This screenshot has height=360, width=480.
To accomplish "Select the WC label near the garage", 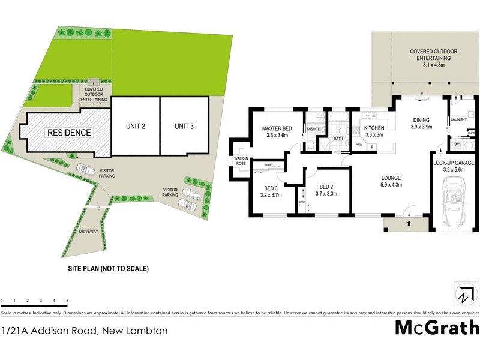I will pos(457,145).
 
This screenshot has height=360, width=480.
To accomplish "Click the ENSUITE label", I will pos(313,128).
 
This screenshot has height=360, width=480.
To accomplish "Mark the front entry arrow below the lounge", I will pos(409,223).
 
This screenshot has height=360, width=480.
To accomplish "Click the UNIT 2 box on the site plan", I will pos(136,126).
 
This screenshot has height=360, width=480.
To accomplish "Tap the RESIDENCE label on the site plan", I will pos(70,133).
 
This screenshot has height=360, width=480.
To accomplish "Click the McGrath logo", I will pos(437,328).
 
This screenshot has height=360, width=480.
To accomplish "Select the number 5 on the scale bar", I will pos(67,300).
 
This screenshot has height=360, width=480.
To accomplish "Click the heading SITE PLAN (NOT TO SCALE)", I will pos(108,269).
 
